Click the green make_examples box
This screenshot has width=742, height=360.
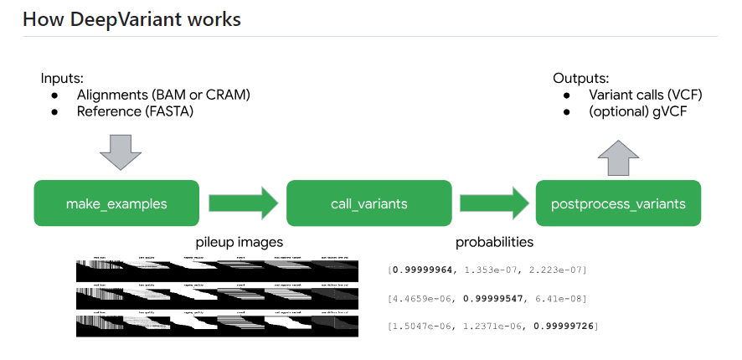click(116, 203)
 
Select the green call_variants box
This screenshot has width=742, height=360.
click(368, 203)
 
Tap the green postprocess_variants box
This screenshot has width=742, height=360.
click(618, 203)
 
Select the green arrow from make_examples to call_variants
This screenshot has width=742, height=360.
click(242, 203)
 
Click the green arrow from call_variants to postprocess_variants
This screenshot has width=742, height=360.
click(494, 203)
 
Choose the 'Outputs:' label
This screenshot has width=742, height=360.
click(580, 78)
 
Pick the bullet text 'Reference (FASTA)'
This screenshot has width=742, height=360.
click(135, 111)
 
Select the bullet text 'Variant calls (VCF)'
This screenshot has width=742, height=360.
click(645, 95)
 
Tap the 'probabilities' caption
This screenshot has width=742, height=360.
click(494, 243)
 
